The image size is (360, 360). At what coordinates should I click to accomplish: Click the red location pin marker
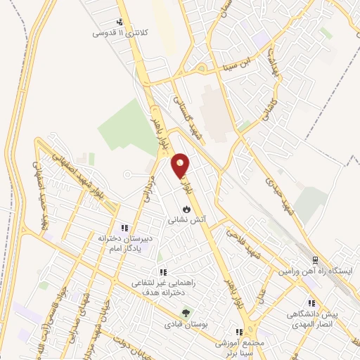[181, 165]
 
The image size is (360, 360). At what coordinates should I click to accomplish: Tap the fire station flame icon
[186, 209]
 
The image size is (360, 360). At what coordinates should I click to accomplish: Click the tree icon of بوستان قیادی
[186, 312]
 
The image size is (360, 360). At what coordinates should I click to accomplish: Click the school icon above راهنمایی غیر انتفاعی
[162, 272]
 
